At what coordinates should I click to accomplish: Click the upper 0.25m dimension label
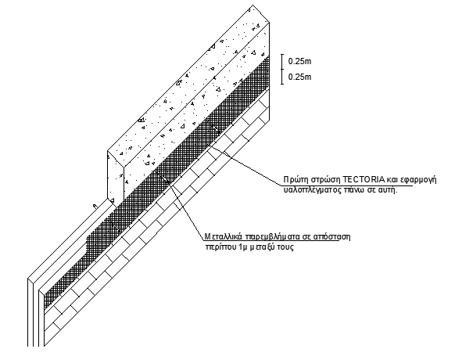click(299, 61)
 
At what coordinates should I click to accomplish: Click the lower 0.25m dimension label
click(299, 77)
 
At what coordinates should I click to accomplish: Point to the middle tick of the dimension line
click(282, 69)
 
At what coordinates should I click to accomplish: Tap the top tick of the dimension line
click(282, 54)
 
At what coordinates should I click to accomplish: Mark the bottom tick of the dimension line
click(282, 84)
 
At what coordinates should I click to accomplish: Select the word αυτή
click(389, 190)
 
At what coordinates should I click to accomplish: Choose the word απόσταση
click(331, 237)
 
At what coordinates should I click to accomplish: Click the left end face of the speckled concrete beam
click(116, 178)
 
